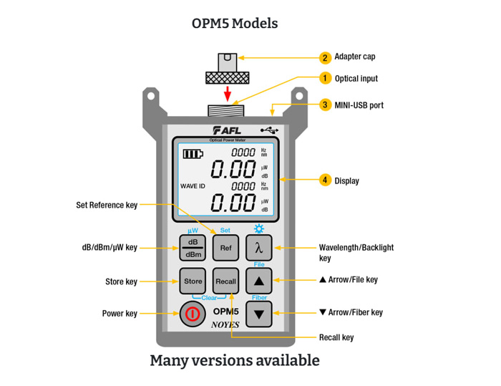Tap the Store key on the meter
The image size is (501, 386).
(x=193, y=281)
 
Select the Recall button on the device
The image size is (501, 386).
(x=225, y=281)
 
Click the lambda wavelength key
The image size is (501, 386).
(x=259, y=249)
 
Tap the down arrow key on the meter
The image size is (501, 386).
(x=259, y=314)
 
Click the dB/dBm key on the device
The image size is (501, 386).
(x=193, y=249)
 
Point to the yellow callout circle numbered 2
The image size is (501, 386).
(x=325, y=57)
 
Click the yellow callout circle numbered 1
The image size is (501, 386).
(x=325, y=78)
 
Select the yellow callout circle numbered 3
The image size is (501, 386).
(x=325, y=105)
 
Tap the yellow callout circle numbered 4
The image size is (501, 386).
(x=325, y=180)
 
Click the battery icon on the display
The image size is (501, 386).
(x=193, y=153)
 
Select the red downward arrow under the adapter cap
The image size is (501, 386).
(x=227, y=93)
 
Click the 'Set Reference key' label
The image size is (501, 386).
(x=107, y=206)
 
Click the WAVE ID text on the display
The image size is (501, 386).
(x=193, y=186)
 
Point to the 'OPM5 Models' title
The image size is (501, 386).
(x=235, y=23)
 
